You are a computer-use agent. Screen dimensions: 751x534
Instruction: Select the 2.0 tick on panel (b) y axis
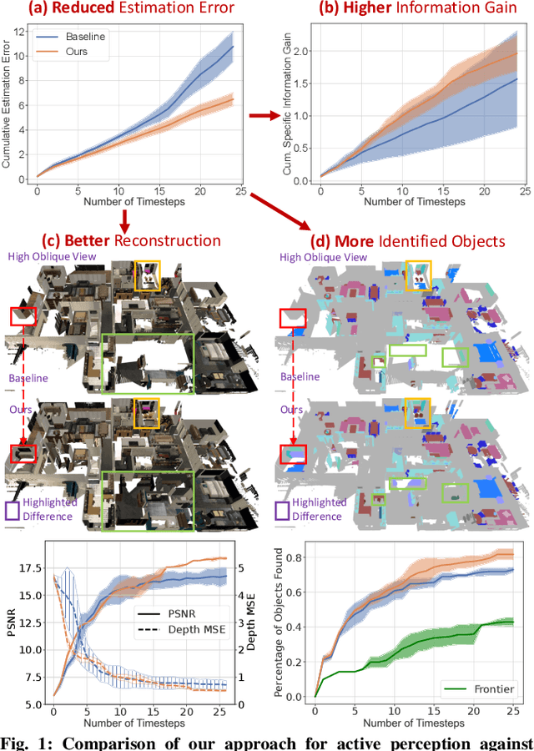pyautogui.click(x=309, y=51)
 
